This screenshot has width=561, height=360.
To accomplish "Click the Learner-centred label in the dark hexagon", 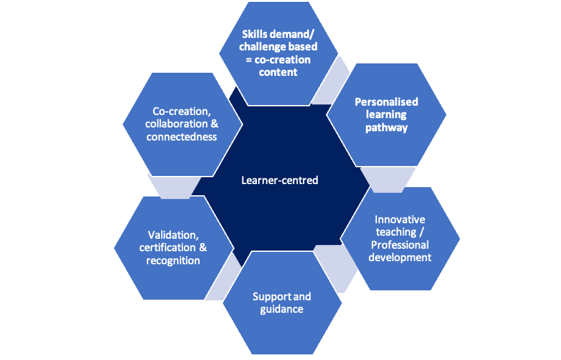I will [279, 180].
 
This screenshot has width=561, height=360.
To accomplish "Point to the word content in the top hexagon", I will [279, 72].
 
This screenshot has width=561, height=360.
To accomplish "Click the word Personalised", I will [386, 101].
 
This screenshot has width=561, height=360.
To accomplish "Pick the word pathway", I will [386, 127].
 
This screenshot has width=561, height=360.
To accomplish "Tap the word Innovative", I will [400, 219].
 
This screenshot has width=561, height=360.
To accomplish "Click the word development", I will [400, 257].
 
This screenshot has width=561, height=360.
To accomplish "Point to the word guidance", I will [282, 309].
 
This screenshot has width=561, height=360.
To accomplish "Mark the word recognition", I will [173, 261].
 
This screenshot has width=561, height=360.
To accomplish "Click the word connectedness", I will [182, 137].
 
